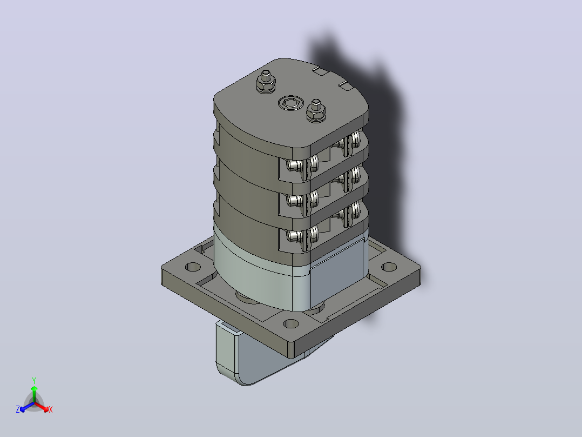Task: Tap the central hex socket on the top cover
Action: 290,103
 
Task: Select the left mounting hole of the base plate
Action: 193,267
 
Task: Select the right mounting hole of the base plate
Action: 389,267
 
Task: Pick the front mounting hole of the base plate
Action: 290,323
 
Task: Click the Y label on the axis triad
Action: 34,380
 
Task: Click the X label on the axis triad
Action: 51,409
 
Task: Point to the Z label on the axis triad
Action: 18,409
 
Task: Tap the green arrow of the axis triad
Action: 34,394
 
